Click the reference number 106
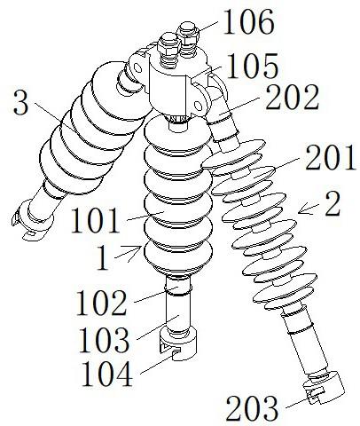click(x=249, y=22)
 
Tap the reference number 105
click(x=252, y=66)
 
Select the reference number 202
click(x=292, y=97)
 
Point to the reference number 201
click(x=330, y=157)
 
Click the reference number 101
click(x=95, y=220)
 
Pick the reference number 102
click(x=101, y=303)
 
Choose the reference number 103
click(x=104, y=340)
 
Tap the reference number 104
click(x=106, y=374)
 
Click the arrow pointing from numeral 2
click(x=309, y=209)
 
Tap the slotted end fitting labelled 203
click(x=325, y=388)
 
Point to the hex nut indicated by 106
click(x=188, y=33)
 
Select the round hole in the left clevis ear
click(x=137, y=68)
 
